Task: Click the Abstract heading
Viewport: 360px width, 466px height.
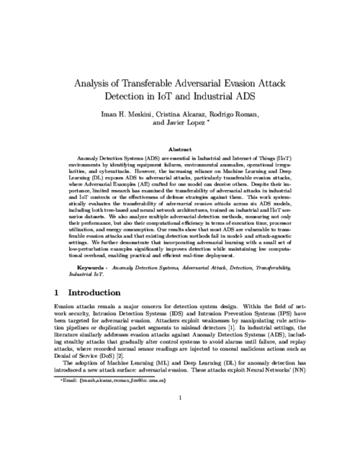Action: tap(180, 148)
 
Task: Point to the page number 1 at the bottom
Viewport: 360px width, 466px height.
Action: tap(180, 436)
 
